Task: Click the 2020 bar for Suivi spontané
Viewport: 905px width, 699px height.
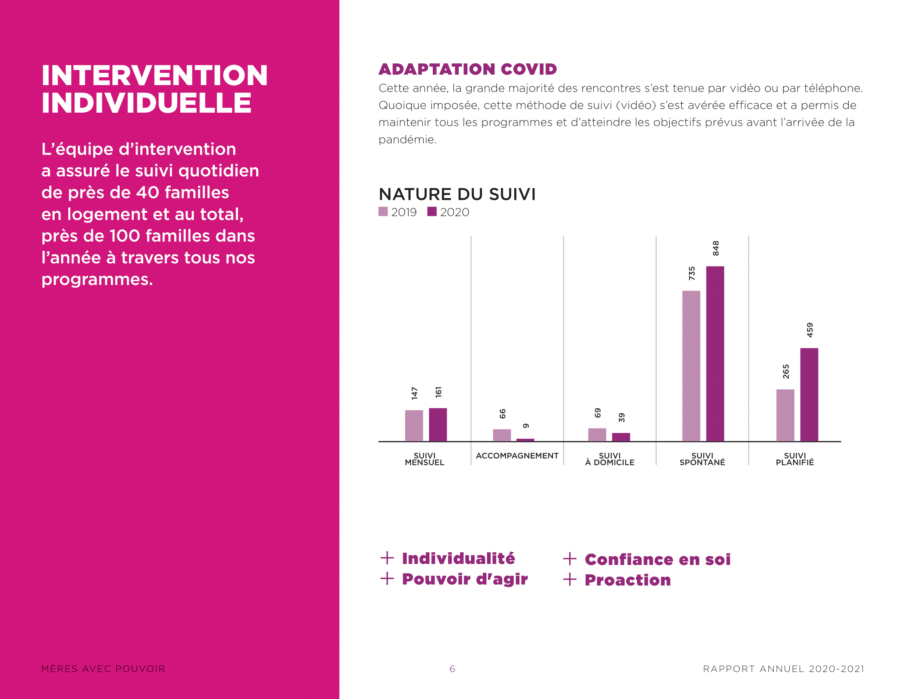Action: pos(715,354)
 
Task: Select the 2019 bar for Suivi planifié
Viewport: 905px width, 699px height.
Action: pos(785,415)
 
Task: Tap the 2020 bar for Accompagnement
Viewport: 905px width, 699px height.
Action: pos(525,440)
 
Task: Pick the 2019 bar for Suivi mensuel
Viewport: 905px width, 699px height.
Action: pos(414,426)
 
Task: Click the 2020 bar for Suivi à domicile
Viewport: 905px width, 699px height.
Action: pos(621,437)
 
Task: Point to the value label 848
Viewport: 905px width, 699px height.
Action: pos(716,248)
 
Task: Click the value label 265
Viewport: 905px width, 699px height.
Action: pos(786,371)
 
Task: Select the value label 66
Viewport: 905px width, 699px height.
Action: pos(502,414)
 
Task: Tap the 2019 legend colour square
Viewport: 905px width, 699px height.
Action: pos(383,212)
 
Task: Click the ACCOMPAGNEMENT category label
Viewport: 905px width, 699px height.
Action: pos(517,456)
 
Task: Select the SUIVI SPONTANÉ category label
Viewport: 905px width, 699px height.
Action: pos(702,459)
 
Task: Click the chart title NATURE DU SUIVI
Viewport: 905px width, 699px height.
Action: pos(457,194)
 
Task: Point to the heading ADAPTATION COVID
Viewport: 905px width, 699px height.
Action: pos(467,69)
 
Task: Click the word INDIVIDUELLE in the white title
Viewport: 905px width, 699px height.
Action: pos(146,103)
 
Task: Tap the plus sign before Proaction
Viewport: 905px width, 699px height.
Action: pos(570,579)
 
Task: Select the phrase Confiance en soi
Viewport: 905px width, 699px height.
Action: pos(657,560)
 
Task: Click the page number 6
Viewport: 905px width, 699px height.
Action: pos(452,669)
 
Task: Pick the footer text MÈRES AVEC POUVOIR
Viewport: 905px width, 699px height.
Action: pos(103,669)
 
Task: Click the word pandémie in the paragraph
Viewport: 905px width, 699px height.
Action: pos(406,140)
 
